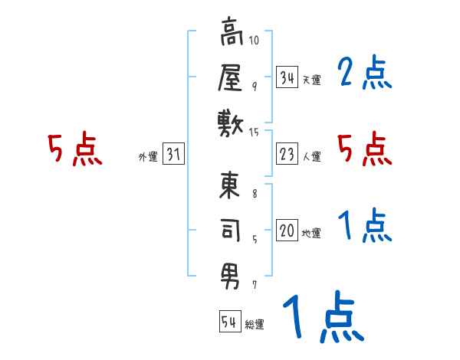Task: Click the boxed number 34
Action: click(x=287, y=77)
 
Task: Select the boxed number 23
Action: click(x=287, y=155)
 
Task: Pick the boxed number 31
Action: click(x=173, y=155)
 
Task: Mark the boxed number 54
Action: click(x=229, y=322)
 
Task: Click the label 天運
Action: click(x=311, y=80)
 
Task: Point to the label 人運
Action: click(x=311, y=157)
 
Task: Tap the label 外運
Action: click(x=147, y=157)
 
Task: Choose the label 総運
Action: click(x=255, y=324)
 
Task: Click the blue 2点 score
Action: click(x=365, y=74)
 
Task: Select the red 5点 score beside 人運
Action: click(x=365, y=149)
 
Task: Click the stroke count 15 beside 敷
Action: click(x=255, y=133)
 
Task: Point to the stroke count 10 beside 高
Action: click(x=255, y=40)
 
